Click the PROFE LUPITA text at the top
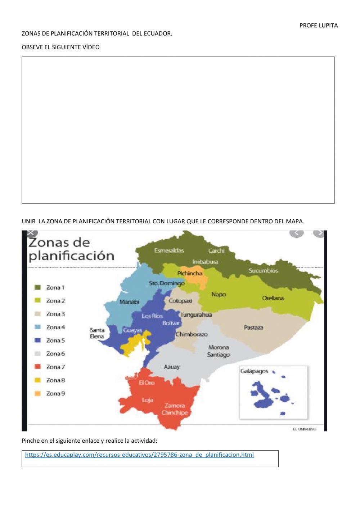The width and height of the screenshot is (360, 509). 319,26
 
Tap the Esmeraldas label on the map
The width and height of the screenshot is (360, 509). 169,251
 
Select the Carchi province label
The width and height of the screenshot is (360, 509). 216,251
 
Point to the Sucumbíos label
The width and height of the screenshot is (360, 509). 263,271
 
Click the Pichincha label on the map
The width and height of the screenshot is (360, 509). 190,273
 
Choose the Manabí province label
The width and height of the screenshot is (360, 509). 129,302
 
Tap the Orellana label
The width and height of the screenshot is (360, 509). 273,298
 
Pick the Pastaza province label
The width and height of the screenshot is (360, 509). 253,328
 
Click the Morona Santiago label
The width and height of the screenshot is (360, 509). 219,351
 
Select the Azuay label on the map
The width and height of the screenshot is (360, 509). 172,367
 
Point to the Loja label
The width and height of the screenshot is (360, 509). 147,400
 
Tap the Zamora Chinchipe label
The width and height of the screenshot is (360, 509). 175,409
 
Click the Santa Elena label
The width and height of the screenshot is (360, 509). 97,333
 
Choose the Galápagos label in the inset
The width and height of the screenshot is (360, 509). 254,371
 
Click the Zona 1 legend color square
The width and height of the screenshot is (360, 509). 37,287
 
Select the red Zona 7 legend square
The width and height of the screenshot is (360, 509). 37,367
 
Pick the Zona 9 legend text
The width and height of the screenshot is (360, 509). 55,394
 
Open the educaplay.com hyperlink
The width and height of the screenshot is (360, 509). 139,455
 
